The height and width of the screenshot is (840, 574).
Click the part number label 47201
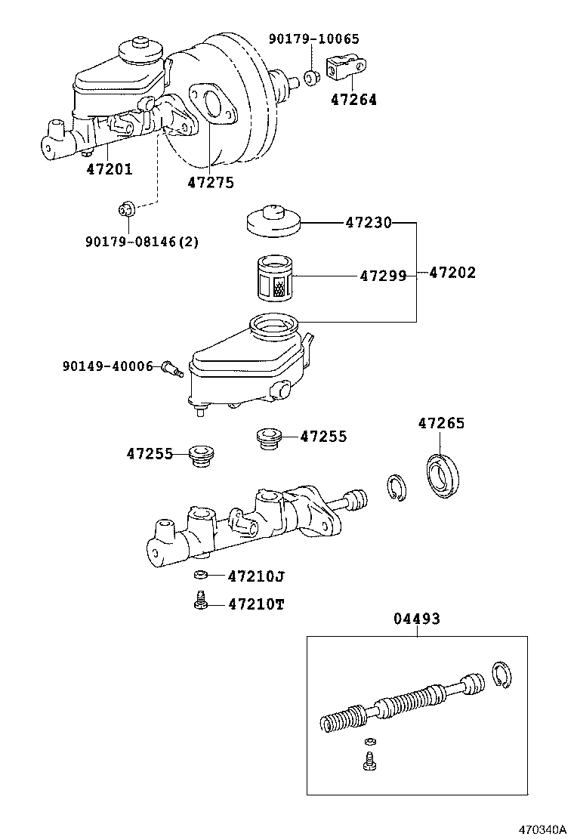click(109, 169)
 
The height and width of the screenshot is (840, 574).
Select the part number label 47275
click(211, 182)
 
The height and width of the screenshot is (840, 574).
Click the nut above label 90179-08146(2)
click(128, 208)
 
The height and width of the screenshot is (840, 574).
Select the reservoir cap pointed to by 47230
click(274, 219)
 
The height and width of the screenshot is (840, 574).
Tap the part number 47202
click(452, 273)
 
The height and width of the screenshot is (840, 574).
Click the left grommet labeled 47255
click(200, 456)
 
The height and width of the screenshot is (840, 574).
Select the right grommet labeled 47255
click(269, 437)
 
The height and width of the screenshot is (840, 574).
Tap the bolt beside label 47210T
click(199, 602)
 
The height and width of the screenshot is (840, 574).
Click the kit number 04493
click(416, 619)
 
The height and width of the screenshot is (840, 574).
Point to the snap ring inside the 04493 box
click(502, 675)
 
